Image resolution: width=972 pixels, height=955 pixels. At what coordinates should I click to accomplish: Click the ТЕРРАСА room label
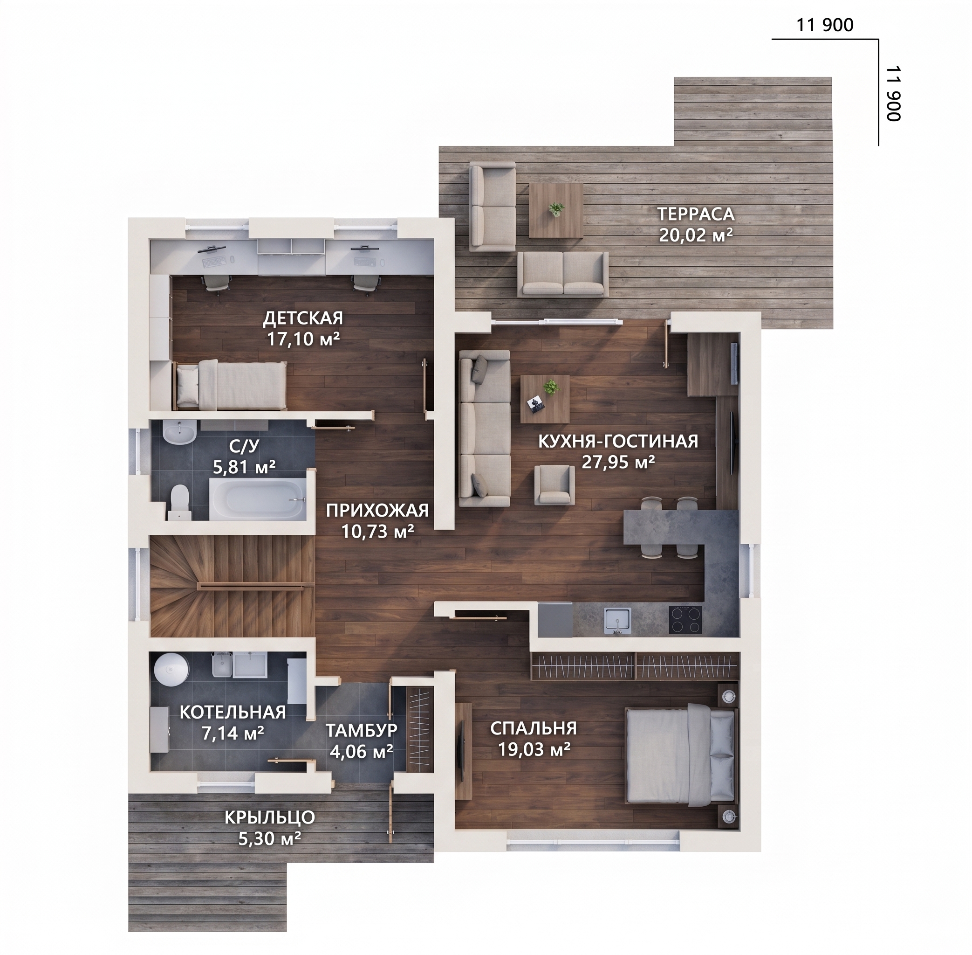click(696, 214)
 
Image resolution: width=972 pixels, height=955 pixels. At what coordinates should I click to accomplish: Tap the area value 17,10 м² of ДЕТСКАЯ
click(303, 339)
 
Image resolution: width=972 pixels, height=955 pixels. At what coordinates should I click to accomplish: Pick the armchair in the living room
click(554, 484)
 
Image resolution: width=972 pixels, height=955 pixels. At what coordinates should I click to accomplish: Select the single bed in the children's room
click(230, 385)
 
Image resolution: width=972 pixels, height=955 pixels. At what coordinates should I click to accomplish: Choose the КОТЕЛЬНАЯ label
click(233, 712)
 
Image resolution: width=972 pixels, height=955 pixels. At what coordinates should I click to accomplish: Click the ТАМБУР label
click(362, 730)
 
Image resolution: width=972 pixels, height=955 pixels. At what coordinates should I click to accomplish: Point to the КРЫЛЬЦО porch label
click(270, 817)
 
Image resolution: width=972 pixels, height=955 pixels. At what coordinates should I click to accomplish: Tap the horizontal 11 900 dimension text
click(825, 25)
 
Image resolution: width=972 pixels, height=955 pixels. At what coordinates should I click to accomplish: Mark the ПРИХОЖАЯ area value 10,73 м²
click(377, 531)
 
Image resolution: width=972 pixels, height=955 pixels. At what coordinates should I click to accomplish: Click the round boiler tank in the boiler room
click(171, 668)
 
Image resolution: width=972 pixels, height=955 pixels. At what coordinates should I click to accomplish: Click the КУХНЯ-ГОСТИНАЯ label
click(618, 442)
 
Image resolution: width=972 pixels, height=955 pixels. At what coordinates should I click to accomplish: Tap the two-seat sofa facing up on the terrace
click(563, 274)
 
